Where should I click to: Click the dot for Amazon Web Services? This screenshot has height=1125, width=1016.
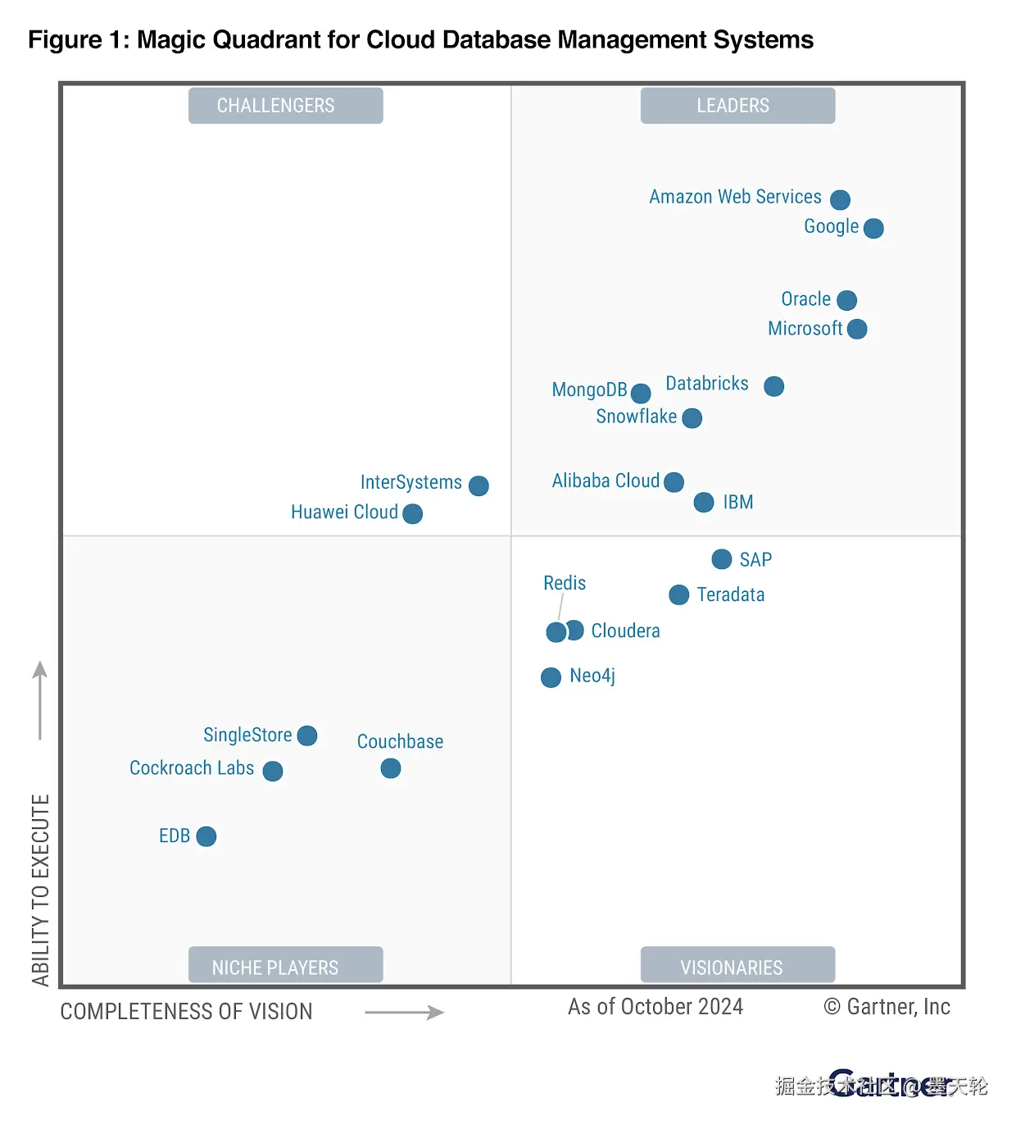pyautogui.click(x=840, y=199)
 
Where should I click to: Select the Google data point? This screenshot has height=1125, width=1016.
pyautogui.click(x=873, y=228)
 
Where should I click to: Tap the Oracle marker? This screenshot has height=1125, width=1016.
pyautogui.click(x=847, y=300)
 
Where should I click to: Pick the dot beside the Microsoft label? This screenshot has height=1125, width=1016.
pyautogui.click(x=857, y=329)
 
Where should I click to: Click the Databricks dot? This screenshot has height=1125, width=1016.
pyautogui.click(x=773, y=386)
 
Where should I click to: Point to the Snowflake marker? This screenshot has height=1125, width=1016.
pyautogui.click(x=692, y=418)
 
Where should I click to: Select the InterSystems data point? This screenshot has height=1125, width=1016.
pyautogui.click(x=479, y=485)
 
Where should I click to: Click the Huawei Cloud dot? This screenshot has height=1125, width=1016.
pyautogui.click(x=413, y=513)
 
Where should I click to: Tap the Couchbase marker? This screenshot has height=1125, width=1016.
pyautogui.click(x=391, y=768)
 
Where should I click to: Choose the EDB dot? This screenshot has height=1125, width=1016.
pyautogui.click(x=206, y=836)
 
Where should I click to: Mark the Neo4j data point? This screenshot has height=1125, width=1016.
pyautogui.click(x=551, y=677)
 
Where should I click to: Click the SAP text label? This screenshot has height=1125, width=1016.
pyautogui.click(x=755, y=560)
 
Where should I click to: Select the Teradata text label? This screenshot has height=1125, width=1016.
pyautogui.click(x=731, y=595)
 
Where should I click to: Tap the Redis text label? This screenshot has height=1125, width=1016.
pyautogui.click(x=565, y=583)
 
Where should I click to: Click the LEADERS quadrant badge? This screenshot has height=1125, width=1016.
pyautogui.click(x=737, y=106)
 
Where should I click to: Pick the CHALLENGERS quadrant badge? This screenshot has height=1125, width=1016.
pyautogui.click(x=285, y=106)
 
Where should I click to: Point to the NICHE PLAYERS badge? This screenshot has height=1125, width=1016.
pyautogui.click(x=285, y=966)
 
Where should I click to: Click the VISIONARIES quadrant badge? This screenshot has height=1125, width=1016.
pyautogui.click(x=737, y=966)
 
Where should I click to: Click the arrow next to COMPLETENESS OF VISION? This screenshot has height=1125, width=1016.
pyautogui.click(x=404, y=1013)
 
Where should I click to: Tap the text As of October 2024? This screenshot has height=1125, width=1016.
pyautogui.click(x=655, y=1007)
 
